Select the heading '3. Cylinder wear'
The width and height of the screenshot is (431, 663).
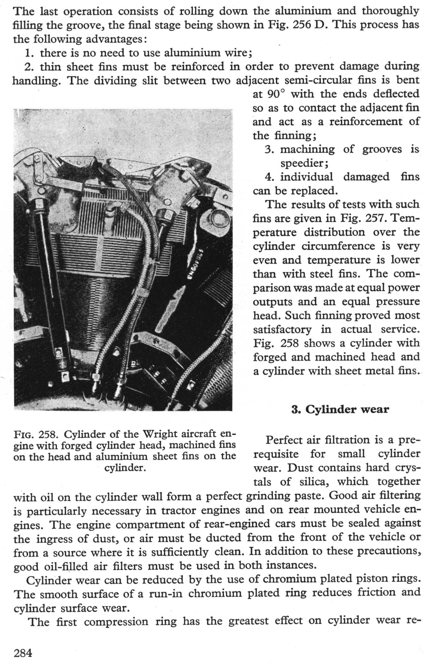[340, 409]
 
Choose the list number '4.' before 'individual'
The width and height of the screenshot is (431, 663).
[269, 177]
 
